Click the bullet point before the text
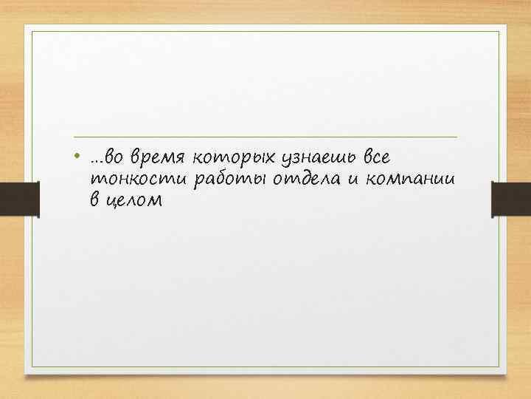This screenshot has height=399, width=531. (78, 157)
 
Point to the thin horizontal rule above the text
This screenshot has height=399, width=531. (265, 137)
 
